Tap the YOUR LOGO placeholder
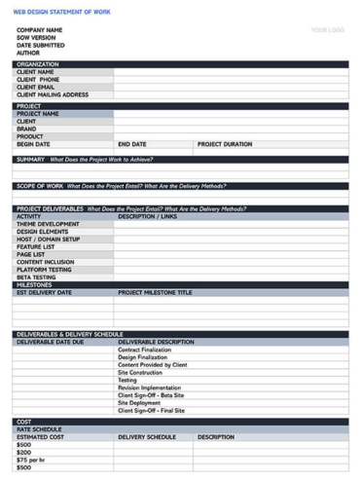(x=327, y=30)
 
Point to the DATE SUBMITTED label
(x=41, y=45)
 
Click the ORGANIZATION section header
(x=38, y=64)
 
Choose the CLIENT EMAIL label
(x=36, y=87)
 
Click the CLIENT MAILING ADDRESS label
(x=53, y=94)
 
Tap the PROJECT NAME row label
(x=38, y=113)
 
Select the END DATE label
(x=131, y=144)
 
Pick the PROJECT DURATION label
(x=224, y=144)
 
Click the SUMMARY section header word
(x=30, y=159)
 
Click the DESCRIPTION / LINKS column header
(x=147, y=216)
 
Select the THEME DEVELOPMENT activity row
(x=48, y=224)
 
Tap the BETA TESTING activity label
(x=36, y=277)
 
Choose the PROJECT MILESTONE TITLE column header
(x=155, y=292)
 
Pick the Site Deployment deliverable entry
(x=139, y=402)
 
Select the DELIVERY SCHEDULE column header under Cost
(x=147, y=437)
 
